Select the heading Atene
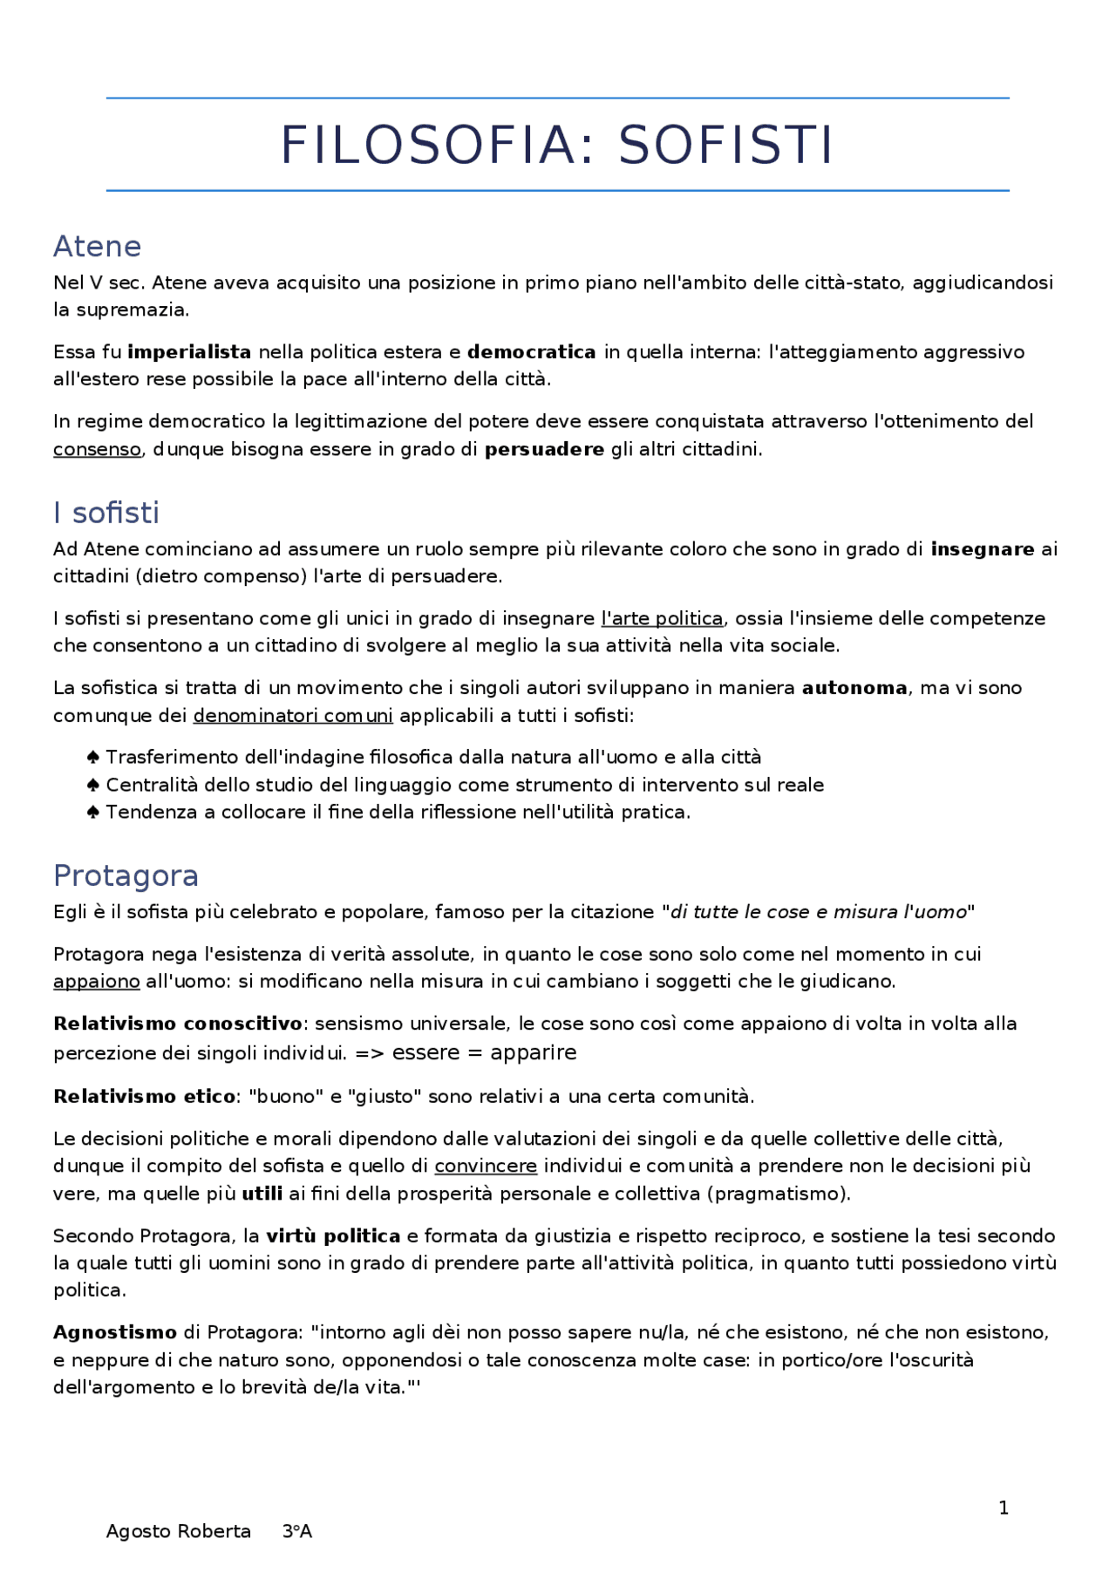point(97,247)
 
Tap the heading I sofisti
point(106,513)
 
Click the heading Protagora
point(126,875)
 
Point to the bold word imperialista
point(189,352)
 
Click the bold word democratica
point(531,352)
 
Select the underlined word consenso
point(97,450)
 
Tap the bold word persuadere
point(544,450)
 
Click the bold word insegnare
point(982,549)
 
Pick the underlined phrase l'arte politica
point(662,619)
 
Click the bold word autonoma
point(854,688)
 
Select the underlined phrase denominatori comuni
point(293,716)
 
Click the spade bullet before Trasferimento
point(93,757)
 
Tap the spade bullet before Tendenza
point(93,813)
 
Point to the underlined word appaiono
point(96,982)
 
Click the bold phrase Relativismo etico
point(144,1097)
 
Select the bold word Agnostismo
point(115,1333)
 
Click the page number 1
point(1004,1508)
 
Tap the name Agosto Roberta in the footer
point(178,1532)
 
